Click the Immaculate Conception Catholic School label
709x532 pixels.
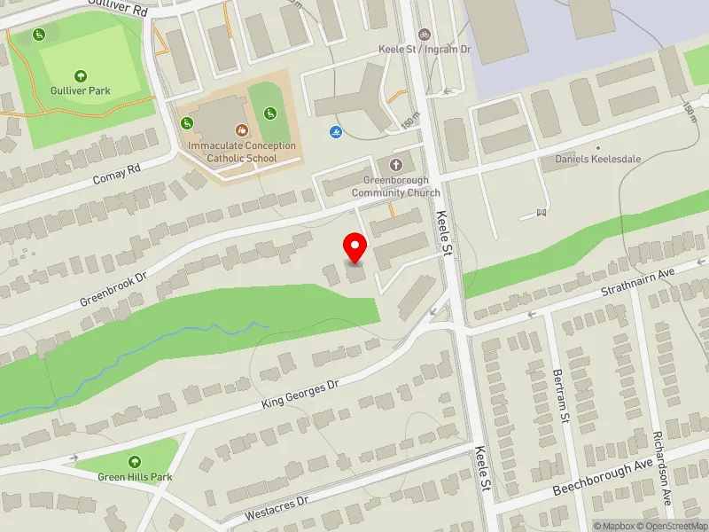point(241,152)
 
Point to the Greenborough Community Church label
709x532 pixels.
point(395,187)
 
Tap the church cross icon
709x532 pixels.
point(395,164)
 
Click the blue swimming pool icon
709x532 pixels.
point(336,133)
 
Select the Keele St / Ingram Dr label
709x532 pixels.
point(424,50)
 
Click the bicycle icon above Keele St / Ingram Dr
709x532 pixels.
point(424,34)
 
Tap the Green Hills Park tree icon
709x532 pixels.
point(134,461)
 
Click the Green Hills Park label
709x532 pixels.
point(134,477)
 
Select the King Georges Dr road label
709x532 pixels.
point(300,395)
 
